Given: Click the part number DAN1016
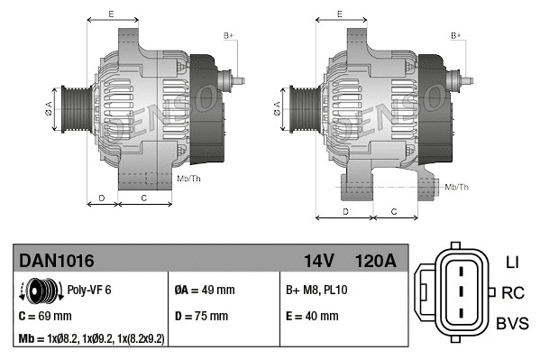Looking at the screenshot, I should click(x=57, y=261).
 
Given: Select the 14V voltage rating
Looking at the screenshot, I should click(x=318, y=261).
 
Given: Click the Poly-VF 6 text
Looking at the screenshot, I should click(x=88, y=291).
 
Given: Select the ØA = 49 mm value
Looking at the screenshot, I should click(x=204, y=291).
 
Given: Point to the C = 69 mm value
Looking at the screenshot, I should click(x=45, y=317).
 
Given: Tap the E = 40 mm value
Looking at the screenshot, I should click(x=312, y=317).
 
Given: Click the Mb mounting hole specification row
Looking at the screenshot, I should click(x=92, y=338).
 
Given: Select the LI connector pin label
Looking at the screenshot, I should click(x=512, y=263).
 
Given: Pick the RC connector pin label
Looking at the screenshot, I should click(x=513, y=292).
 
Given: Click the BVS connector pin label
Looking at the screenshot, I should click(x=513, y=322).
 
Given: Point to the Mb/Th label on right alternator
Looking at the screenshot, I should click(x=457, y=187).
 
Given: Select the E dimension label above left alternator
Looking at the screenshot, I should click(x=111, y=14).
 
